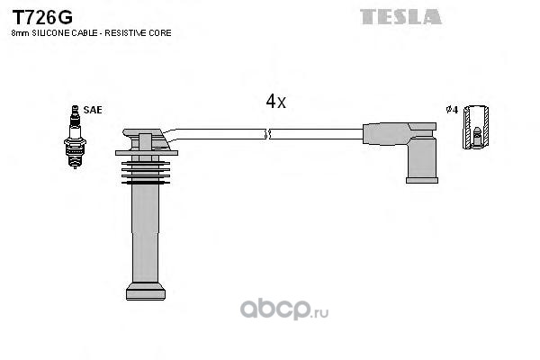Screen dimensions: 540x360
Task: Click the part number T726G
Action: click(42, 17)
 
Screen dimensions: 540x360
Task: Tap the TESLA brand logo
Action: click(400, 17)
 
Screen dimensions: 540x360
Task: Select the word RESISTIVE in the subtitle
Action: click(125, 33)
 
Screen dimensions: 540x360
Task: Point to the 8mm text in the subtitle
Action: click(21, 33)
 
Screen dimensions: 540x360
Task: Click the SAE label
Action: click(93, 110)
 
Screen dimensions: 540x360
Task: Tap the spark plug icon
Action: click(75, 137)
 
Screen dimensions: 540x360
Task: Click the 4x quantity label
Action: click(275, 102)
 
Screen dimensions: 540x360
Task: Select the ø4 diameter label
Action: click(452, 110)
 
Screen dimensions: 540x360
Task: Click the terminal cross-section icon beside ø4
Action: click(475, 127)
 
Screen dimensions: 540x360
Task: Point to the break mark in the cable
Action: click(267, 134)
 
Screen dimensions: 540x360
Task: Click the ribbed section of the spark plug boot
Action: click(146, 172)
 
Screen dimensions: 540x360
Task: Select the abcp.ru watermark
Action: click(284, 309)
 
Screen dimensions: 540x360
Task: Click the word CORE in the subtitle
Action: click(160, 33)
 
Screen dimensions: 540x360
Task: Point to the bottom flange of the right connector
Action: click(422, 180)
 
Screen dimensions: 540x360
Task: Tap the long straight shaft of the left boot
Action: click(146, 234)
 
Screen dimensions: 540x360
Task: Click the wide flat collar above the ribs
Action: click(147, 153)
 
